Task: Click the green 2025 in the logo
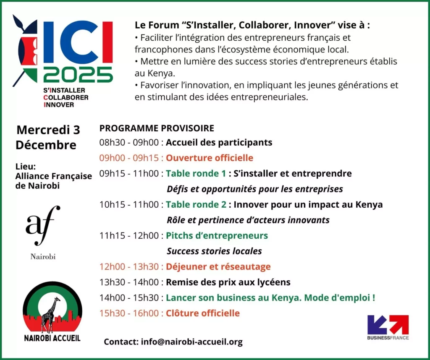[x=78, y=75]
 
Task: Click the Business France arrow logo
[x=388, y=325]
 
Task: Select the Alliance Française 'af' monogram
[x=42, y=225]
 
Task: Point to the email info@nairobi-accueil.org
[x=191, y=342]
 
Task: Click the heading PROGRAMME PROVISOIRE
[x=157, y=128]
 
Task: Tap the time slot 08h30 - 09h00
[x=129, y=143]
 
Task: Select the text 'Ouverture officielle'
[x=210, y=158]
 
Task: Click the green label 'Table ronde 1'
[x=196, y=173]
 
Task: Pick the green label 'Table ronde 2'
[x=196, y=204]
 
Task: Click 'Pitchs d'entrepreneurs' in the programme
[x=217, y=236]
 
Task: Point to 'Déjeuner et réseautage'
[x=218, y=266]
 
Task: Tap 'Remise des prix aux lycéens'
[x=228, y=282]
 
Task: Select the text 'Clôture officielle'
[x=203, y=313]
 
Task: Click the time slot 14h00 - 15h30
[x=129, y=297]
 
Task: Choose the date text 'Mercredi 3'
[x=48, y=130]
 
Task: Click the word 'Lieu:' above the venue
[x=26, y=167]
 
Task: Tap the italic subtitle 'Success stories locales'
[x=214, y=251]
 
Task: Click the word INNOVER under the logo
[x=59, y=104]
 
